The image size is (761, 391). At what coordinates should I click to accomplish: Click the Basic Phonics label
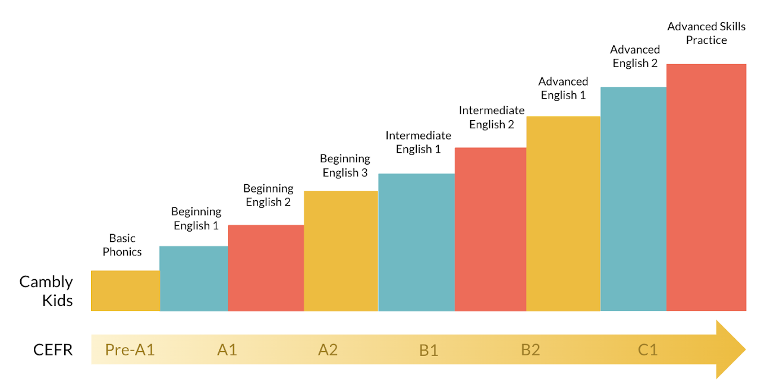click(122, 245)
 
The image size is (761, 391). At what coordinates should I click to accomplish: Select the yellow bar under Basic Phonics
click(125, 291)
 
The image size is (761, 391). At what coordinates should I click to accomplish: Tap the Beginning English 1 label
click(196, 219)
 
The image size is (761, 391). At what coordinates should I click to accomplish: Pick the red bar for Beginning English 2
click(266, 268)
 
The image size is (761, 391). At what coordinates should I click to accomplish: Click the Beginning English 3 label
click(345, 166)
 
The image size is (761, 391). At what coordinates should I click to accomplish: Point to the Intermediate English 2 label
click(491, 118)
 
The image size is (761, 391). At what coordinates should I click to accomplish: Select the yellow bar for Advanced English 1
click(563, 214)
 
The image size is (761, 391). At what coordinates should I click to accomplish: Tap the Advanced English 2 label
click(635, 56)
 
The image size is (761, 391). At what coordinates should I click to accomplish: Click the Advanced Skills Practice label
click(706, 33)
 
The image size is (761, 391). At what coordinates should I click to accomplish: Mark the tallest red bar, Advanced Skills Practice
click(706, 187)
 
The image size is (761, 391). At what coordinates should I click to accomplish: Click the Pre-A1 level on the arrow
click(130, 350)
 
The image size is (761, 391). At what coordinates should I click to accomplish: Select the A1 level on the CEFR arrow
click(227, 350)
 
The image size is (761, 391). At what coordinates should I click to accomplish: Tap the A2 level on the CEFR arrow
click(328, 350)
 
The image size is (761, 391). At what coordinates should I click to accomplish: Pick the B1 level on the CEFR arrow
click(429, 350)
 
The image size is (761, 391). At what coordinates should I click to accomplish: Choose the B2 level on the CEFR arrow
click(530, 350)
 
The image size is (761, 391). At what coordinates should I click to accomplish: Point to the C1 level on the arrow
click(647, 350)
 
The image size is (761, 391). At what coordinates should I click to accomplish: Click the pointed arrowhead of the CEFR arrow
click(730, 349)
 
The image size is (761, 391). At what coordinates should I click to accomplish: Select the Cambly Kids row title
click(46, 291)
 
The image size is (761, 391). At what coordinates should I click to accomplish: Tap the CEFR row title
click(53, 350)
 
